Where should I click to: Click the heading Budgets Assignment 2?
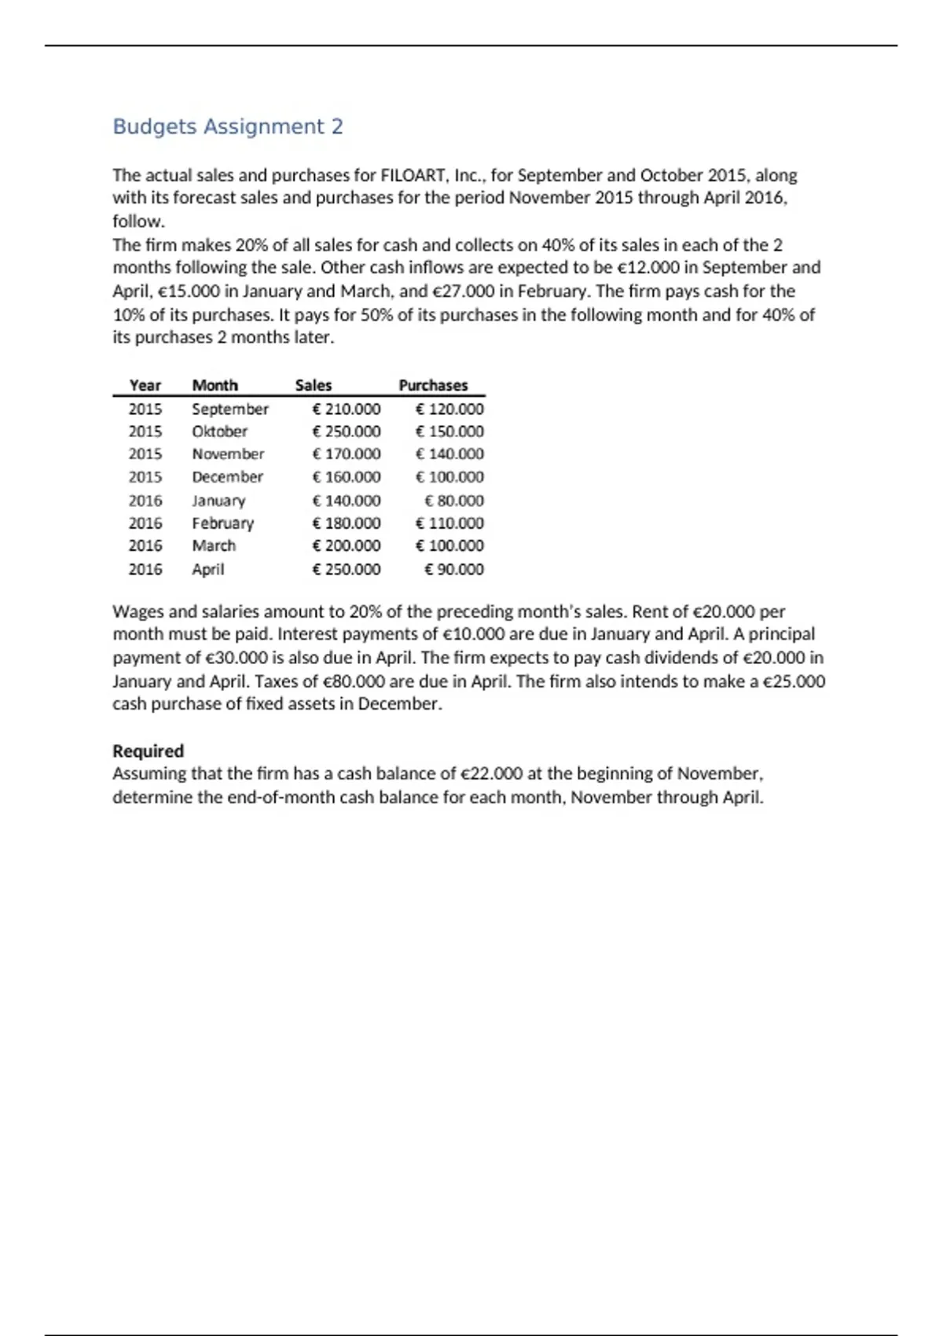point(228,127)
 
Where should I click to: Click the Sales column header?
point(313,385)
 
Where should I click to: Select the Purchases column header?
point(433,385)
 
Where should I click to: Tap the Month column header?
point(215,385)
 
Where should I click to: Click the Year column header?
point(145,385)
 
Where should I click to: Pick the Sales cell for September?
point(347,409)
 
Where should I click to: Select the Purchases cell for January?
point(454,501)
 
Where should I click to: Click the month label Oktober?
point(219,431)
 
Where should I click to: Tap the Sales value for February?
point(347,523)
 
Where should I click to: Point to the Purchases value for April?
point(454,569)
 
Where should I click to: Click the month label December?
point(227,477)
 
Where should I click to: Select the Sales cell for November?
point(347,454)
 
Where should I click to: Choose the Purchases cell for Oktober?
point(449,431)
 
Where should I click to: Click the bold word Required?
point(148,751)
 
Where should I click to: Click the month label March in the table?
point(214,546)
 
